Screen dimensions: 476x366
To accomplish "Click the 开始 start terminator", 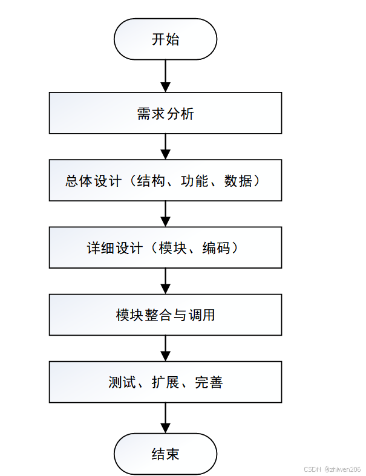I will click(x=165, y=39).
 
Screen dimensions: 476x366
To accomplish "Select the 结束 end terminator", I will click(x=165, y=454).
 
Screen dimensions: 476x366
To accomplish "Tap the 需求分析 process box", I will click(x=165, y=113).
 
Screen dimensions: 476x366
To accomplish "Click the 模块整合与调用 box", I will click(x=165, y=315).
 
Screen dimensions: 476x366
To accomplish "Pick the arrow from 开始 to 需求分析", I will click(x=165, y=76).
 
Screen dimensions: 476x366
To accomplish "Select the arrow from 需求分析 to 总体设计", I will click(x=165, y=147).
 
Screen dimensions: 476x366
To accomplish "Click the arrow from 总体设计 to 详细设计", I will click(x=165, y=214).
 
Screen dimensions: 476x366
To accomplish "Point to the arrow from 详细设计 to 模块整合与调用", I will click(x=165, y=281).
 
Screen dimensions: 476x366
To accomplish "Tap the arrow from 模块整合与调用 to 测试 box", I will click(x=165, y=348).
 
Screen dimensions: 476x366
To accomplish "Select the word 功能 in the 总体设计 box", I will click(x=195, y=181).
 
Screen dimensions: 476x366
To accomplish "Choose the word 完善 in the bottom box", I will click(x=209, y=382).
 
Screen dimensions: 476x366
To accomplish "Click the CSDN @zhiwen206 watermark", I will click(x=332, y=469).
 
